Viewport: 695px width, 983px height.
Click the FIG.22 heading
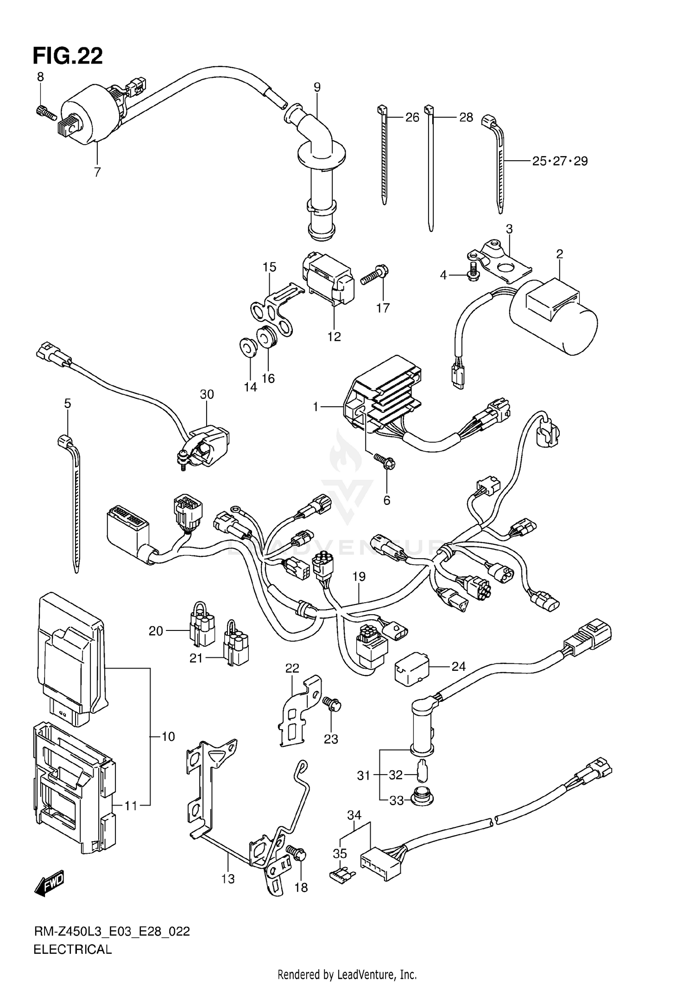(x=68, y=56)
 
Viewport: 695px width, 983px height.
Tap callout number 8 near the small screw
(x=40, y=77)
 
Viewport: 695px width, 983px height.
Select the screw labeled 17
(x=375, y=274)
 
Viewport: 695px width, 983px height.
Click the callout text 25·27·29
(x=560, y=161)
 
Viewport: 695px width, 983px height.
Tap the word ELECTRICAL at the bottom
(x=73, y=950)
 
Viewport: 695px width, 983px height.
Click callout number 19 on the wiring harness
(x=359, y=577)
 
